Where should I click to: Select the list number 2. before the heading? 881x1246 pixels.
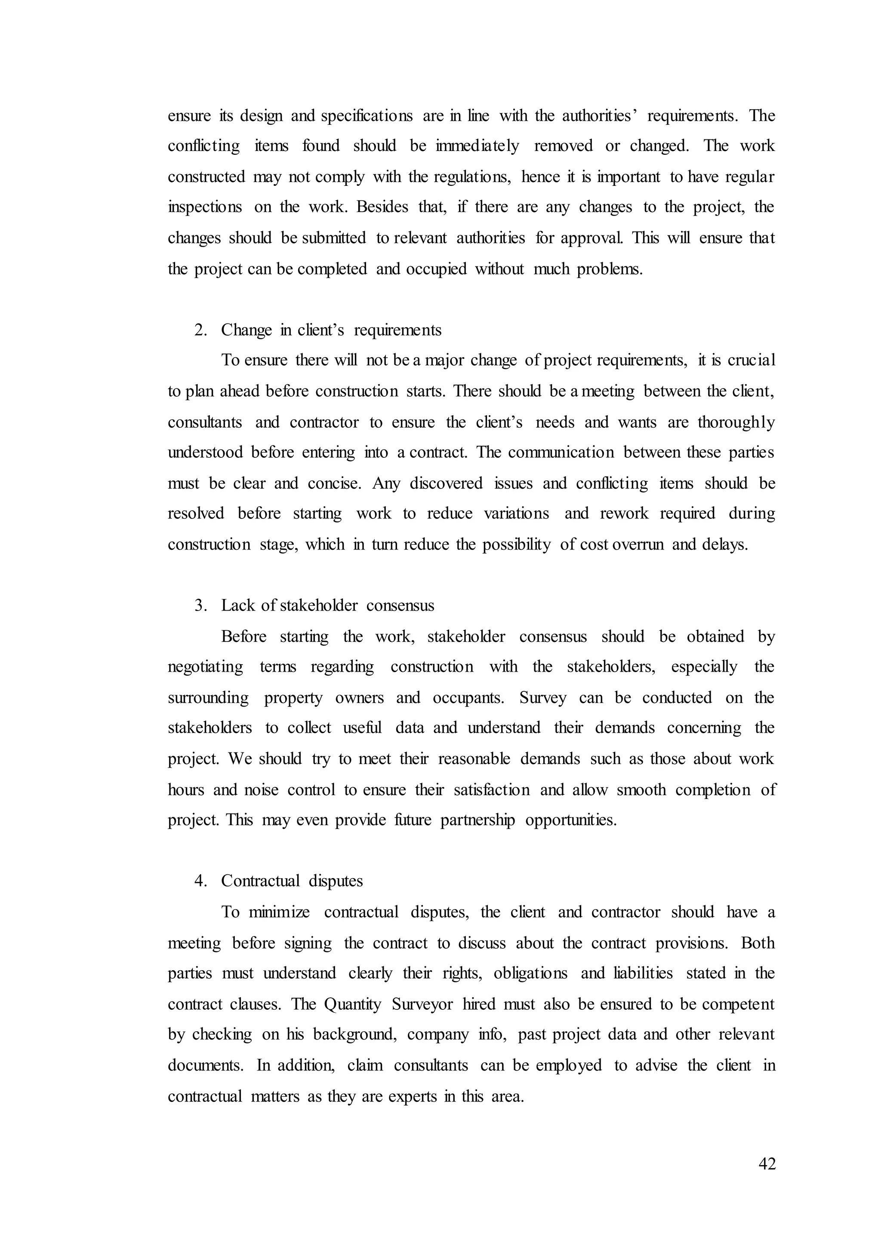[201, 330]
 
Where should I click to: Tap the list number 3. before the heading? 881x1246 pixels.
[201, 606]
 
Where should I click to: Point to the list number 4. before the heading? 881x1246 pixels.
[201, 881]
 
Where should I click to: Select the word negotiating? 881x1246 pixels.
[206, 667]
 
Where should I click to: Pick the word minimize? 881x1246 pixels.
[279, 912]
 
